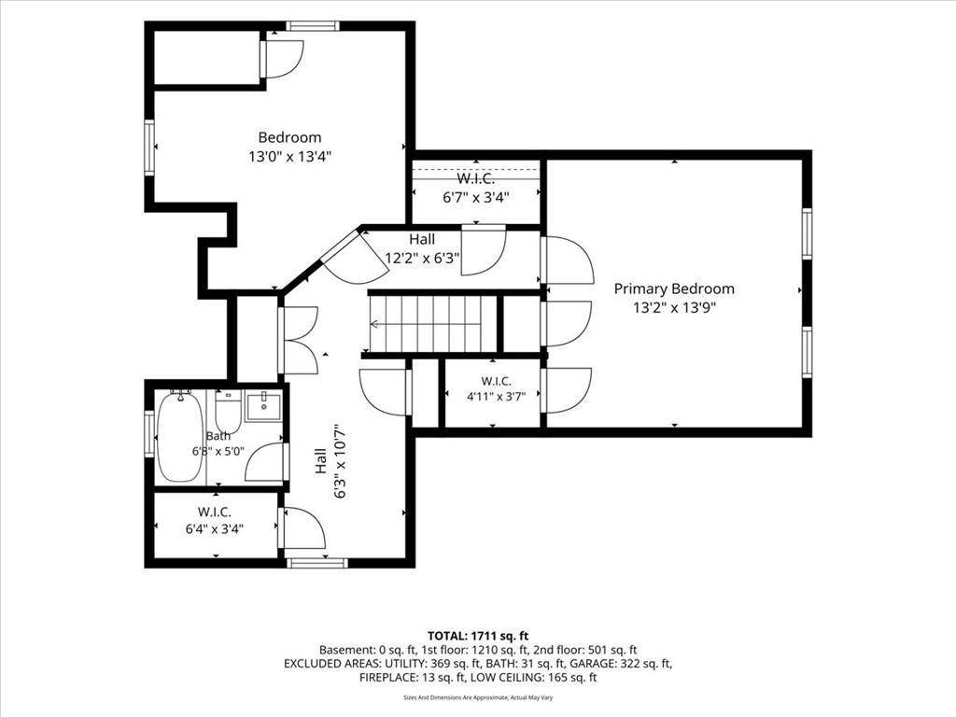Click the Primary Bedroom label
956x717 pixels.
(674, 288)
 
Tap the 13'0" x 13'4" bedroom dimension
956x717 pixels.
(289, 157)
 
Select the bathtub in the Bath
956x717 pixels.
(180, 437)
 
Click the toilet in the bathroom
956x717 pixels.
(229, 412)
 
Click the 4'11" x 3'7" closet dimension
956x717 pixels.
(496, 396)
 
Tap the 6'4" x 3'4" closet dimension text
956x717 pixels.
(215, 528)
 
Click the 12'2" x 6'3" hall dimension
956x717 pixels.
(422, 258)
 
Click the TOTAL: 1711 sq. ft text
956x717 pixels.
(478, 637)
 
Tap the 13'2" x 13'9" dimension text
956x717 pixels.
(674, 307)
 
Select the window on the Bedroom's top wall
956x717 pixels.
(313, 25)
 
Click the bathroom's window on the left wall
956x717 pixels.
(148, 433)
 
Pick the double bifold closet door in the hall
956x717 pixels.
(298, 340)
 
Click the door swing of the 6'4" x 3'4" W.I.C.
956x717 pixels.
(303, 528)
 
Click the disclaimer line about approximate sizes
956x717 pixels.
(478, 697)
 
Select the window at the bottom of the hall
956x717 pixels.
(317, 563)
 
